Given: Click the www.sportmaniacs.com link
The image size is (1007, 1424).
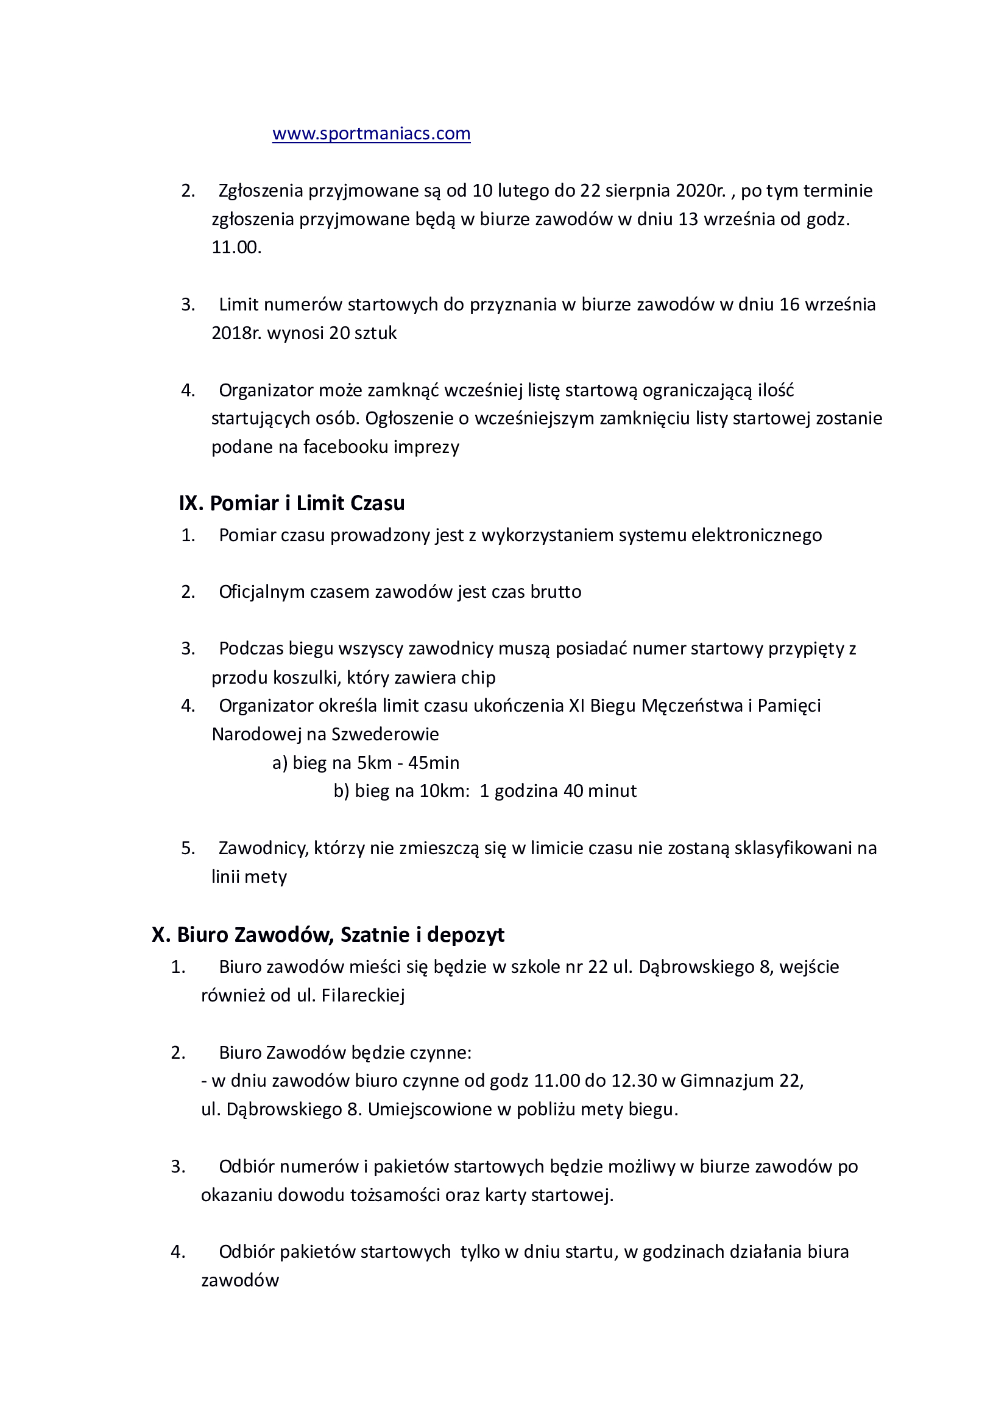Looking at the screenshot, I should [x=371, y=133].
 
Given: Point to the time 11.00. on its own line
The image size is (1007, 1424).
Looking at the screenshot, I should [x=236, y=247].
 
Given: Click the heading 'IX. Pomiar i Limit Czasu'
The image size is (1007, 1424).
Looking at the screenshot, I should [x=292, y=503].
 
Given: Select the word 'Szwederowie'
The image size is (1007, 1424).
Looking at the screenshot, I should [x=385, y=734].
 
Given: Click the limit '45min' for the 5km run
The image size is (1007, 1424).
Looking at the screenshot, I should [x=434, y=763].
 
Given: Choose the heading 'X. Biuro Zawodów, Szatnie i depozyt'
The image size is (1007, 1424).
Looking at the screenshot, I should [x=328, y=935].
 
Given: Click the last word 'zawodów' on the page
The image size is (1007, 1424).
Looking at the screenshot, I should [x=240, y=1281].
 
